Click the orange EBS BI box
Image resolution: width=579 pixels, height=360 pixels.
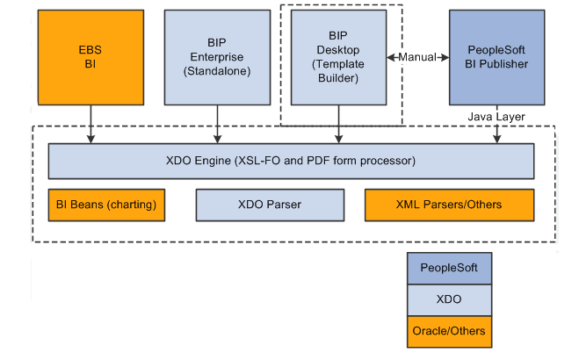coord(90,58)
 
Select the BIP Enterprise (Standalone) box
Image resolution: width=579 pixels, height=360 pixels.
coord(217,58)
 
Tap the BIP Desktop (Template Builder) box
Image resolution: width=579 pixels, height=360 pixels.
coord(338,58)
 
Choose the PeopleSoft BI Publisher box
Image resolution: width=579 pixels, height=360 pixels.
coord(496,58)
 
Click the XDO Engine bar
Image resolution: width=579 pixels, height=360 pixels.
coord(291,162)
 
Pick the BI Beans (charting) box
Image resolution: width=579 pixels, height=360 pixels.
coord(106,205)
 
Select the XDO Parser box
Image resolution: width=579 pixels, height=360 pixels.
coord(270,205)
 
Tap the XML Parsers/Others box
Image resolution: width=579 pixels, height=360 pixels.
coord(449,205)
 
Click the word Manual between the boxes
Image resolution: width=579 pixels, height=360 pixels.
coord(417,57)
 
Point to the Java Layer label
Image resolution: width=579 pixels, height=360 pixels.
coord(496,117)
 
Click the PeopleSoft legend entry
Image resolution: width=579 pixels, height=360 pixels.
coord(449,268)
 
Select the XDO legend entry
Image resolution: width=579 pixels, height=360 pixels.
coord(449,300)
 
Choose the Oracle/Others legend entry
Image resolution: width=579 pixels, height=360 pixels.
coord(449,332)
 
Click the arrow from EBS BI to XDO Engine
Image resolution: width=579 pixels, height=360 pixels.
coord(90,125)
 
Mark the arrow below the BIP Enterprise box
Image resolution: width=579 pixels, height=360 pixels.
coord(218,125)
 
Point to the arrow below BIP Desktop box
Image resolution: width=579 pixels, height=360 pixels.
coord(338,125)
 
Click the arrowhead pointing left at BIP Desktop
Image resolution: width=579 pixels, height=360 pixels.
coord(391,58)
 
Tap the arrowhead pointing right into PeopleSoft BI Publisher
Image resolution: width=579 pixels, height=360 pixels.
coord(445,58)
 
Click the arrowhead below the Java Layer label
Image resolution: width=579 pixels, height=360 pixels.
coord(497,139)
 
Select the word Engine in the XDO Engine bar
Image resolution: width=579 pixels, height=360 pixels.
coord(213,162)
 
